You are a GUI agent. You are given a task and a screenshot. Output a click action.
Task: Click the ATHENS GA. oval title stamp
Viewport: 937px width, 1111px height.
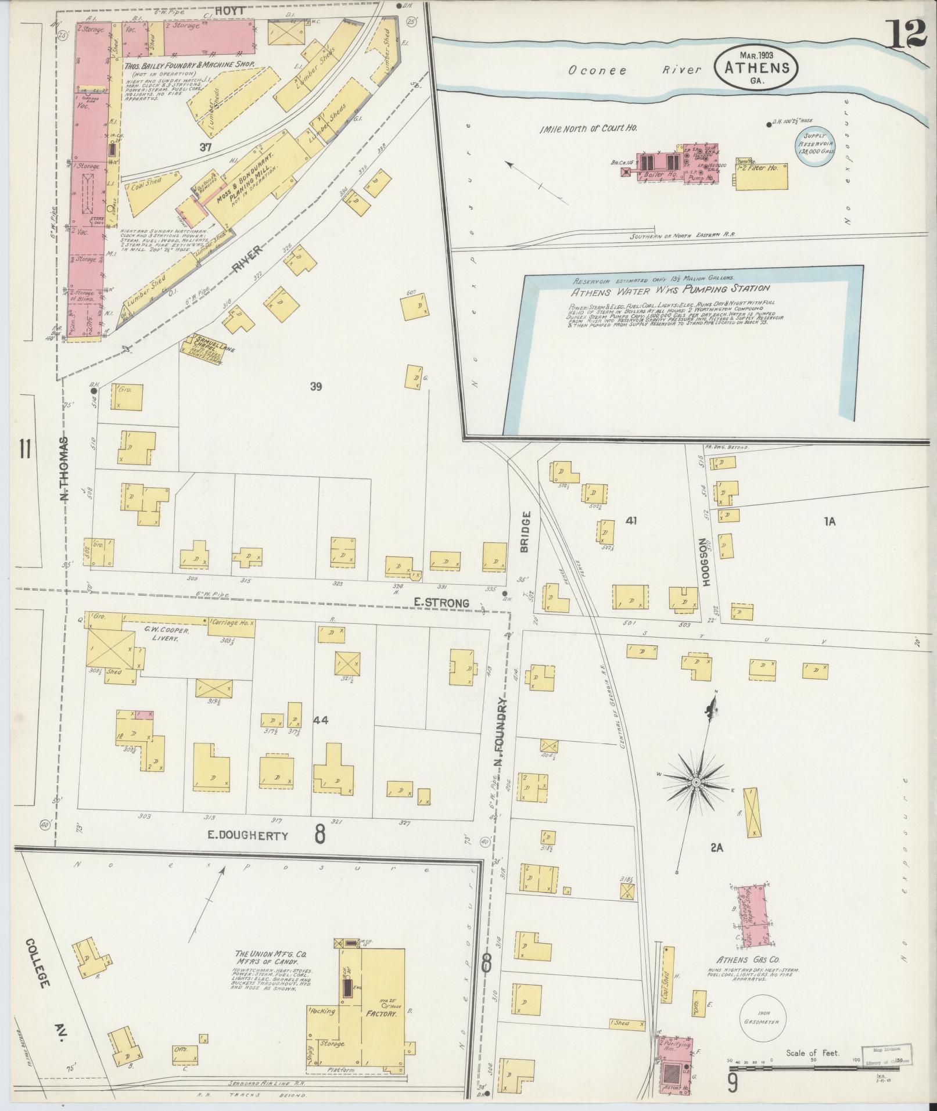click(x=756, y=68)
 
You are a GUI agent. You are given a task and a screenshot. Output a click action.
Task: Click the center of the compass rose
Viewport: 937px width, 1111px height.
click(x=695, y=782)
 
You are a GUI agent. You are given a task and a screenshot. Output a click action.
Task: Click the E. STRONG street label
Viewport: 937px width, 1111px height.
click(x=442, y=603)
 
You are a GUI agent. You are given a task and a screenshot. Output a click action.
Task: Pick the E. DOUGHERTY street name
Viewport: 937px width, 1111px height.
click(x=249, y=836)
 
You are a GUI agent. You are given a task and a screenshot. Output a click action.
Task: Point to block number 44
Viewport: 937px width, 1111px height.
click(x=320, y=720)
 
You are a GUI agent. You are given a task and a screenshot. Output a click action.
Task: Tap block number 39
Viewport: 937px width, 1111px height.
click(x=315, y=387)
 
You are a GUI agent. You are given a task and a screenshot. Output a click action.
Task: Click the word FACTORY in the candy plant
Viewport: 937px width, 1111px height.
click(x=380, y=1013)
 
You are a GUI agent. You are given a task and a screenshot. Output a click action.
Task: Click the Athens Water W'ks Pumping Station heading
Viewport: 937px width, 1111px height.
click(x=670, y=288)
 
